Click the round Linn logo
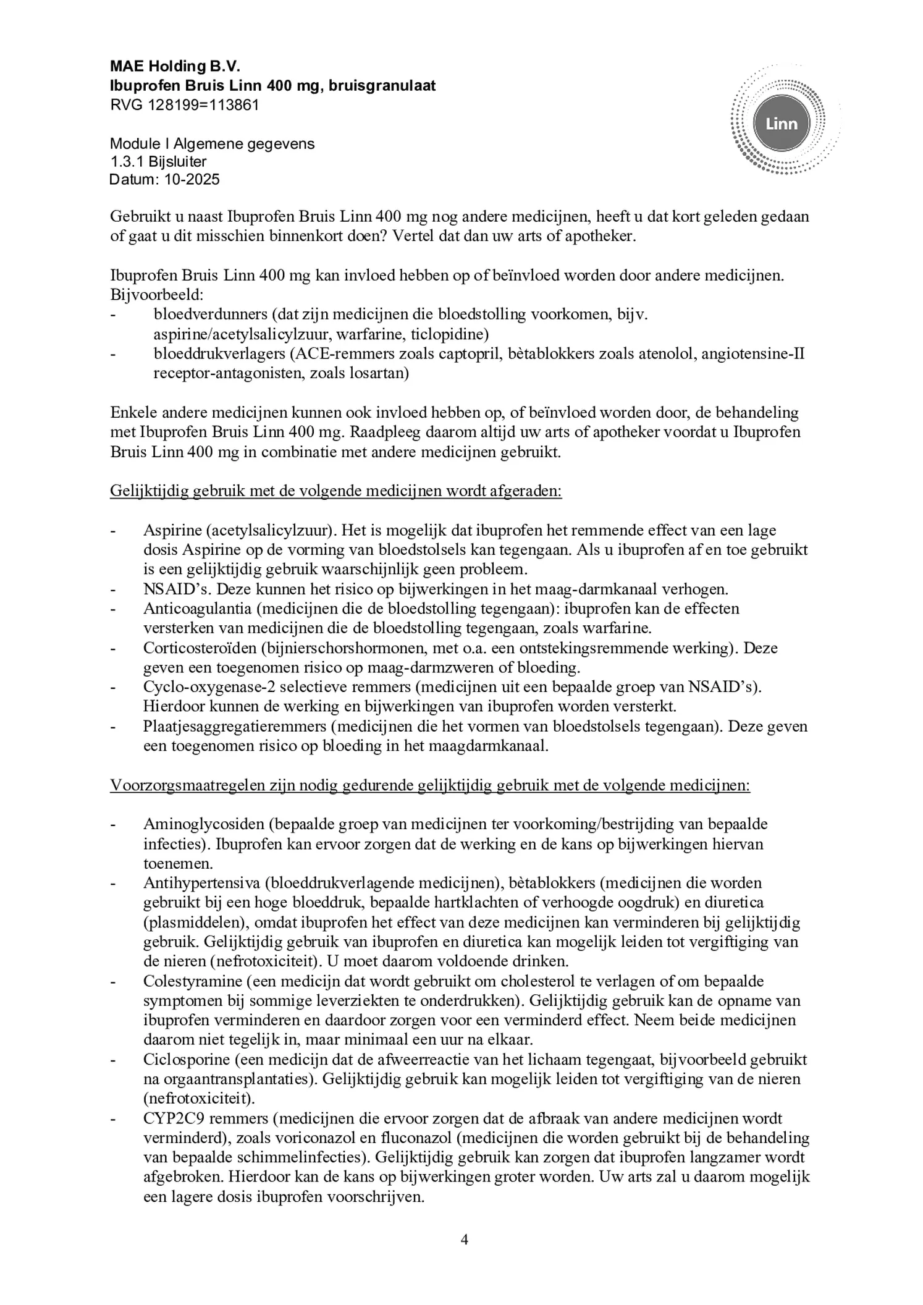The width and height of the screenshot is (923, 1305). (x=781, y=124)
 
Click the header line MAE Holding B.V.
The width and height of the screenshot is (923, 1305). (x=175, y=66)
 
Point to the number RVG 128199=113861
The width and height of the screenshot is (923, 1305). (x=184, y=105)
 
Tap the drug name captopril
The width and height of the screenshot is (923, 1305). (x=457, y=354)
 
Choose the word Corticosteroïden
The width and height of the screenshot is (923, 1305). (x=201, y=648)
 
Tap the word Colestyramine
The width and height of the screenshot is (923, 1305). (x=189, y=981)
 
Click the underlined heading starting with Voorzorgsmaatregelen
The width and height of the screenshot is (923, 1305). (x=430, y=785)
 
